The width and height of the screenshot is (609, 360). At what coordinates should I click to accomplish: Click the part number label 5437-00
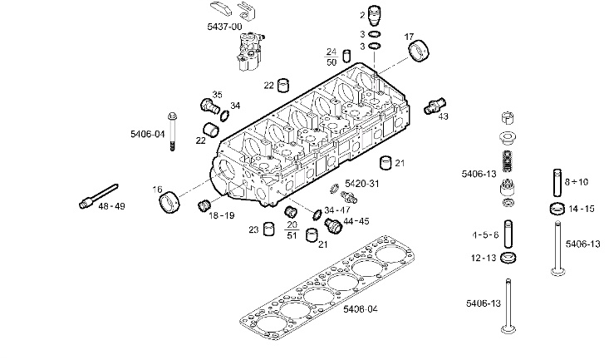click(224, 27)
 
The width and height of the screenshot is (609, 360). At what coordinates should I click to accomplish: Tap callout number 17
click(409, 37)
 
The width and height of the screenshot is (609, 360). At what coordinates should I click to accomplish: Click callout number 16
click(157, 190)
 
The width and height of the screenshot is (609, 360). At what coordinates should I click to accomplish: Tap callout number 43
click(443, 116)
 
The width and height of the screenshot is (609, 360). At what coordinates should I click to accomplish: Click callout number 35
click(217, 94)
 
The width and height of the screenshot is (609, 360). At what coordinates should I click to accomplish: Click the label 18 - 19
click(221, 215)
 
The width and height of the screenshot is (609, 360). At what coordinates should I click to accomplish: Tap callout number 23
click(253, 229)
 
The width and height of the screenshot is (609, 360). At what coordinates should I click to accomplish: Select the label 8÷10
click(577, 181)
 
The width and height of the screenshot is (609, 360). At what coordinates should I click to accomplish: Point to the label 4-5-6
click(485, 235)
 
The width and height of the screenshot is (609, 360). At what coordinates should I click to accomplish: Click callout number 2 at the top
click(361, 15)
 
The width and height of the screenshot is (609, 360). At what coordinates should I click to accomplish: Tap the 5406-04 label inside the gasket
click(360, 309)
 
